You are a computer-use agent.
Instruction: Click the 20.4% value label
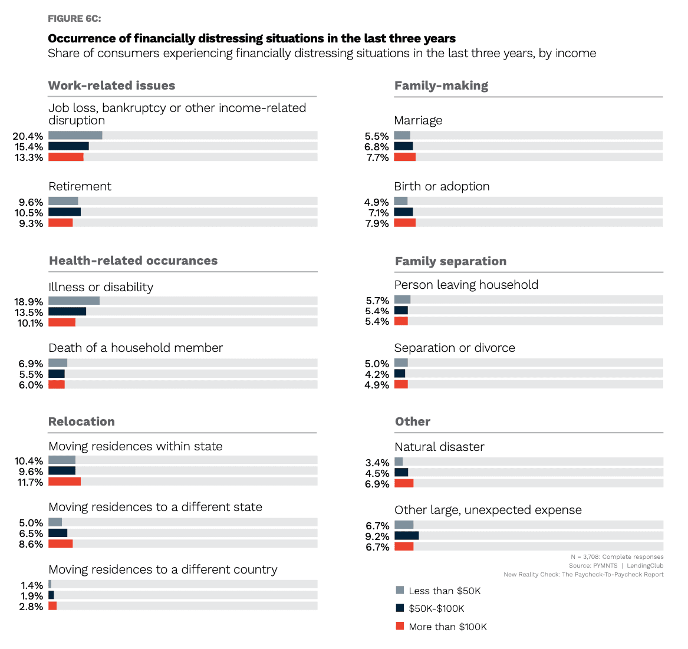pyautogui.click(x=28, y=136)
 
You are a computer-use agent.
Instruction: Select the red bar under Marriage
pyautogui.click(x=404, y=157)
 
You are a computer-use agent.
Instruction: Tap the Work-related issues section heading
pyautogui.click(x=111, y=85)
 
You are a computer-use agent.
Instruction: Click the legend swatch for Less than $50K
pyautogui.click(x=400, y=590)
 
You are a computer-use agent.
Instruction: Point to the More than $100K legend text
pyautogui.click(x=447, y=627)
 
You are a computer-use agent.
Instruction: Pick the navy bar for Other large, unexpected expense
pyautogui.click(x=406, y=536)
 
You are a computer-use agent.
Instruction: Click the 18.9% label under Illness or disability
pyautogui.click(x=29, y=302)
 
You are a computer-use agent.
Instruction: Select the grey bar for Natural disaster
pyautogui.click(x=399, y=462)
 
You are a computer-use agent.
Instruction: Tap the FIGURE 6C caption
pyautogui.click(x=74, y=19)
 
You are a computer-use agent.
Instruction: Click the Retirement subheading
pyautogui.click(x=80, y=186)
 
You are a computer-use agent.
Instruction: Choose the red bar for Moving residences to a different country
pyautogui.click(x=52, y=606)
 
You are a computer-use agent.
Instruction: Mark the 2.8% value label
pyautogui.click(x=31, y=607)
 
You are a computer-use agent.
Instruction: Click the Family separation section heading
pyautogui.click(x=450, y=261)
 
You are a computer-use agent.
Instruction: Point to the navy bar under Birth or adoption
pyautogui.click(x=403, y=212)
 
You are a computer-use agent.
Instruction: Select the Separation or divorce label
pyautogui.click(x=454, y=348)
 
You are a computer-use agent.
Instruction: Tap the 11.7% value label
pyautogui.click(x=29, y=482)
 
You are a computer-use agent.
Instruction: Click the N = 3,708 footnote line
pyautogui.click(x=617, y=556)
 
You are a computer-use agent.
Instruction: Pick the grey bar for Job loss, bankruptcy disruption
pyautogui.click(x=75, y=136)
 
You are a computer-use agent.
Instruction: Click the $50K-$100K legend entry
pyautogui.click(x=436, y=608)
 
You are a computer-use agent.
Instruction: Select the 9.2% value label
pyautogui.click(x=377, y=536)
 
